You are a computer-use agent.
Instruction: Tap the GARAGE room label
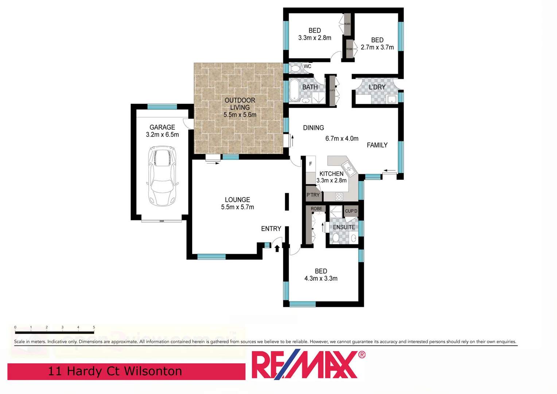tap(162, 127)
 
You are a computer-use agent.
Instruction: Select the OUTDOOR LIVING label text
tap(240, 104)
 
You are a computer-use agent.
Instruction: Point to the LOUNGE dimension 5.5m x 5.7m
tap(237, 207)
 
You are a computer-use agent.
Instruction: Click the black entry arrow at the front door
tap(277, 248)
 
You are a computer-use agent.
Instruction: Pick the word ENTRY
tap(271, 229)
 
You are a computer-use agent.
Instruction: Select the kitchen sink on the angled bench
tap(348, 169)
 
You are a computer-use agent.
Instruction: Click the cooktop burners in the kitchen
tap(339, 197)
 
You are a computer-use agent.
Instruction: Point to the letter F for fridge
tap(311, 164)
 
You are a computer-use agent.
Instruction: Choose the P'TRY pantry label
tap(313, 195)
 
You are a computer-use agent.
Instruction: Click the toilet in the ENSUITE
tap(336, 238)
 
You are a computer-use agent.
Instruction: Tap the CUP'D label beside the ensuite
tap(351, 211)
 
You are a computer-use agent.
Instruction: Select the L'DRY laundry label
tap(377, 87)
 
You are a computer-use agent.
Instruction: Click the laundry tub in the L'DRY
tap(392, 99)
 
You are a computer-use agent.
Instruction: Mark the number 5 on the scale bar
tap(94, 327)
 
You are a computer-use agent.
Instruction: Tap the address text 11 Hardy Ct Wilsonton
tap(115, 371)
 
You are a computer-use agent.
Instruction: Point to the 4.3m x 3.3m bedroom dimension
tap(321, 278)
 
